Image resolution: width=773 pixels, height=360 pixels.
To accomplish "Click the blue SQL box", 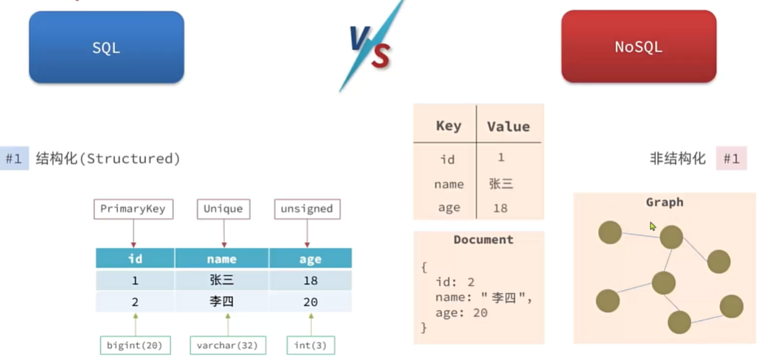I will pyautogui.click(x=106, y=47).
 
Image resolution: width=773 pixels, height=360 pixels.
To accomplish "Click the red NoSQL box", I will pyautogui.click(x=638, y=47).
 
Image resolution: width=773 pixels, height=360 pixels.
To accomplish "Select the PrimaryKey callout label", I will pyautogui.click(x=133, y=209).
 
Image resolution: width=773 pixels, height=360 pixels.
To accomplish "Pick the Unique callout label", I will pyautogui.click(x=223, y=209).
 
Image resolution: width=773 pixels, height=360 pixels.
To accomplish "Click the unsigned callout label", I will pyautogui.click(x=307, y=209).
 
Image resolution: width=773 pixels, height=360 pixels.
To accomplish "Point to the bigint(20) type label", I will pyautogui.click(x=135, y=345).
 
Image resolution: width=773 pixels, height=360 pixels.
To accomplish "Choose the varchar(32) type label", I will pyautogui.click(x=228, y=345).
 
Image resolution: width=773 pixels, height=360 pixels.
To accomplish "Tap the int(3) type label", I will pyautogui.click(x=311, y=345).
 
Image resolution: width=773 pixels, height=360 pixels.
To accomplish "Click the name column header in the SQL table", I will pyautogui.click(x=222, y=258).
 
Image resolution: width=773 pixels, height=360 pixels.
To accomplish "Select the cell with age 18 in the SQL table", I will pyautogui.click(x=311, y=280).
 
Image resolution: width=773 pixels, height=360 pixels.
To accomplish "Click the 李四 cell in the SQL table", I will pyautogui.click(x=222, y=302).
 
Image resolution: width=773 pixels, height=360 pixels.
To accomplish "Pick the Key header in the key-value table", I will pyautogui.click(x=448, y=125).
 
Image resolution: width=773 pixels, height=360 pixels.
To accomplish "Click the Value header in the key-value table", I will pyautogui.click(x=508, y=127).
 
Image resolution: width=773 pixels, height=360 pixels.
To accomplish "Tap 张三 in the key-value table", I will pyautogui.click(x=501, y=184).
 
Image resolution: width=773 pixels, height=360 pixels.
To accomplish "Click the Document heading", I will pyautogui.click(x=483, y=240).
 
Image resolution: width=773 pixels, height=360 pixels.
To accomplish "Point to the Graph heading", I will pyautogui.click(x=665, y=202).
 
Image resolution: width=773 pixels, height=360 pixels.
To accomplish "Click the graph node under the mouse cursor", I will pyautogui.click(x=670, y=237).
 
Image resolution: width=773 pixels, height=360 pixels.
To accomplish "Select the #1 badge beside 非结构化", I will pyautogui.click(x=731, y=159).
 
